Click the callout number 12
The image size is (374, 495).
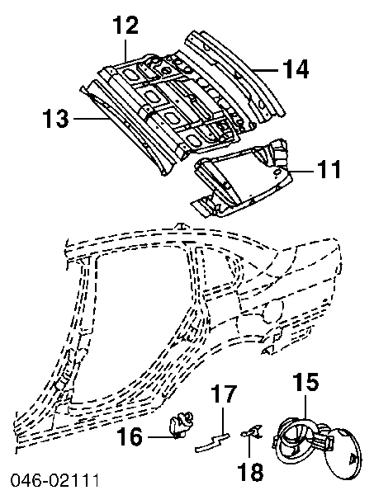tap(126, 26)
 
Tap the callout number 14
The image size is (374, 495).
tap(296, 69)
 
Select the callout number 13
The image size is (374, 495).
tap(55, 118)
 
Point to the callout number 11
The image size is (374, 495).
tap(329, 169)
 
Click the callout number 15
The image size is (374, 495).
tap(306, 383)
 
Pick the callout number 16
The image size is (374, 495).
tap(130, 436)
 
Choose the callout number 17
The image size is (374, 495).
tap(224, 394)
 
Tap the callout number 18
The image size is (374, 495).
tap(251, 472)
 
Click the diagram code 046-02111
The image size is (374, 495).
tap(54, 480)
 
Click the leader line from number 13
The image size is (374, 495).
tap(90, 118)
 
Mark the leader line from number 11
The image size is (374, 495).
tap(302, 171)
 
